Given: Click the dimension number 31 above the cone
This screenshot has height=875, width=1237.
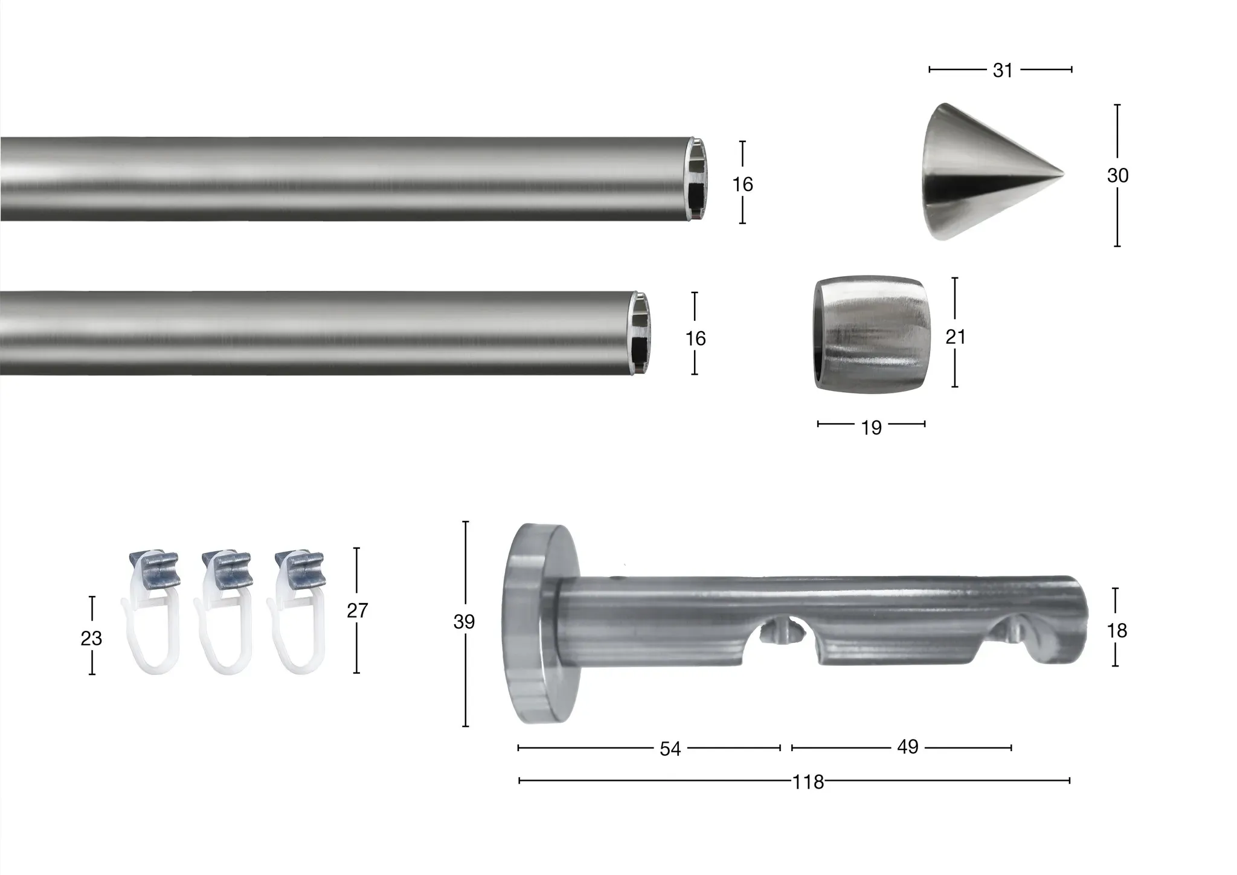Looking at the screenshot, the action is tap(1003, 71).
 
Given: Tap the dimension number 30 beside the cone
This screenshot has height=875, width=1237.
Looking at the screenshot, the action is tap(1117, 176).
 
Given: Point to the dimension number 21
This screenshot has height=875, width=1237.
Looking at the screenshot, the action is tap(956, 337).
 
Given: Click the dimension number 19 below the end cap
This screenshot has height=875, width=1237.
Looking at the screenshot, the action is tap(871, 428).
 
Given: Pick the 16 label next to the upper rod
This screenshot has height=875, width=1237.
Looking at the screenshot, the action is tap(743, 184).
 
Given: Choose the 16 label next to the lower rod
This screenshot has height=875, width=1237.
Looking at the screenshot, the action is tap(695, 339).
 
